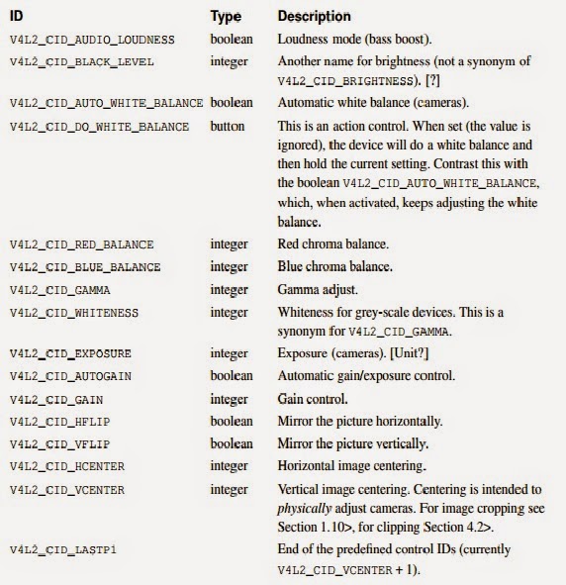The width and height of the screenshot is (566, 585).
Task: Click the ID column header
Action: [17, 17]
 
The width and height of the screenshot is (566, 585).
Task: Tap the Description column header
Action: [314, 17]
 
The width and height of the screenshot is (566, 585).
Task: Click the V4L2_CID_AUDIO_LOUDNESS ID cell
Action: [92, 41]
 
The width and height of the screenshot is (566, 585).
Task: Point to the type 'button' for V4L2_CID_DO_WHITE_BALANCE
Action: [228, 128]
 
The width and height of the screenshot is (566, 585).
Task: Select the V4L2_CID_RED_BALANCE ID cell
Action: [82, 244]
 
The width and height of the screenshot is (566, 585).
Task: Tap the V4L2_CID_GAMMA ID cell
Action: [60, 290]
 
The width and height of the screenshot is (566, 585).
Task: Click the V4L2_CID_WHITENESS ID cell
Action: [74, 313]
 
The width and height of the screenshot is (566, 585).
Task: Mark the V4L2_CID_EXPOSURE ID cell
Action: [70, 353]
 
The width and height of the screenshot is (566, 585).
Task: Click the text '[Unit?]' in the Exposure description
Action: [403, 353]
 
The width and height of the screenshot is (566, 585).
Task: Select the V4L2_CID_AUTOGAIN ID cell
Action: [70, 376]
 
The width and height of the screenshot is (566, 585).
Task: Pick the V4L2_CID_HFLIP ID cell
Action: [60, 422]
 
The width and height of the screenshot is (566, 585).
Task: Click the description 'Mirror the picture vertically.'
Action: [353, 443]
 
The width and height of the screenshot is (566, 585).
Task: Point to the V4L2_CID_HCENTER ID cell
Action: [67, 466]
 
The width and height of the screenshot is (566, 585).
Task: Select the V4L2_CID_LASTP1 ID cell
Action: [63, 549]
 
